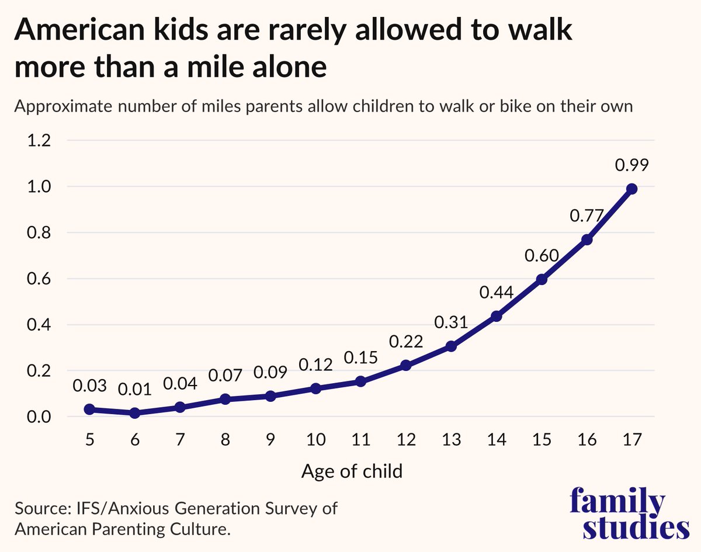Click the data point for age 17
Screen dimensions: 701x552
(631, 189)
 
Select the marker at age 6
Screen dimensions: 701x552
(135, 413)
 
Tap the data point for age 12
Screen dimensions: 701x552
(406, 365)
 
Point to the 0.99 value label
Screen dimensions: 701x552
(631, 165)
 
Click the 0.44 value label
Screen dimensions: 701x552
(497, 292)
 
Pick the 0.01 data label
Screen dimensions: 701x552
(135, 390)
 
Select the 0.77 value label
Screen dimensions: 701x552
(587, 216)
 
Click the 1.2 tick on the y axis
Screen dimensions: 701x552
(39, 140)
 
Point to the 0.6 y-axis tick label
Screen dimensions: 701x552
(39, 279)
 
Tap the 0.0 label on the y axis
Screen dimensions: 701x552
(39, 417)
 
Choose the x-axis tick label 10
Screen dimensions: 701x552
(315, 440)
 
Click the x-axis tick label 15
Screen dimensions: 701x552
(542, 440)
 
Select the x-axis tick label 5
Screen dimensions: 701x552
(90, 440)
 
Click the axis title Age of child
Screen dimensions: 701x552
(352, 471)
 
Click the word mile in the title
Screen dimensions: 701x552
(217, 66)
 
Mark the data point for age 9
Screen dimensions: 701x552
(270, 396)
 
